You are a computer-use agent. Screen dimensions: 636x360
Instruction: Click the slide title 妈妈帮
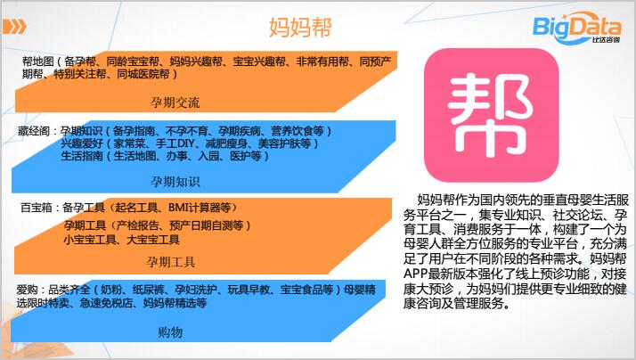(300, 28)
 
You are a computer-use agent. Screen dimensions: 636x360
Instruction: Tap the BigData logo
(576, 28)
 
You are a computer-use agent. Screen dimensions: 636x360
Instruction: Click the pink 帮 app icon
(491, 115)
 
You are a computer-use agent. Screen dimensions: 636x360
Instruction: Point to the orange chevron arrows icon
(14, 27)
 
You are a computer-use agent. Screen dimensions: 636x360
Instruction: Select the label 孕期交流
(175, 102)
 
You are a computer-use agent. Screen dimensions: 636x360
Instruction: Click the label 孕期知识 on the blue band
(175, 182)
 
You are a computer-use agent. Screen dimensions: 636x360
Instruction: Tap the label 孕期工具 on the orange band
(171, 262)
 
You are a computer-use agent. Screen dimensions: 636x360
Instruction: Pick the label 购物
(170, 332)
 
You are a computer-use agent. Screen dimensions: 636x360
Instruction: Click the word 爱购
(28, 290)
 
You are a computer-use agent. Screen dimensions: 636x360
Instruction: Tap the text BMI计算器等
(200, 208)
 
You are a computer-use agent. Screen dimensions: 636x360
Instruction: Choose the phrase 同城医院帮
(143, 74)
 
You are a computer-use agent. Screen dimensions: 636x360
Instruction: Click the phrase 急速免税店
(106, 303)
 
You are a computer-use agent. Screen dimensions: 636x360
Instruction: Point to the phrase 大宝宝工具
(153, 240)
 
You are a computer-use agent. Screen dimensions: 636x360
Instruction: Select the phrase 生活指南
(82, 156)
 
